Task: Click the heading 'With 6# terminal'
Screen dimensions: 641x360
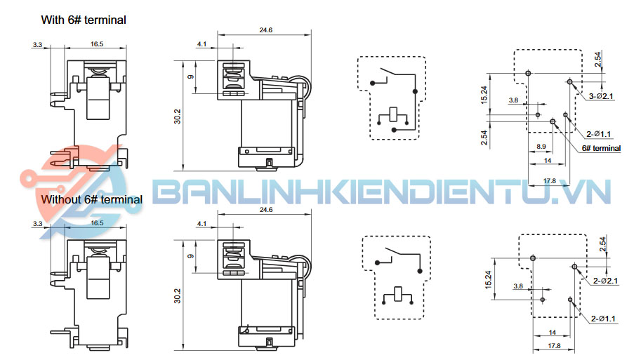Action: click(84, 20)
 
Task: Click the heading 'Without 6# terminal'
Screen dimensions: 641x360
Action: click(91, 199)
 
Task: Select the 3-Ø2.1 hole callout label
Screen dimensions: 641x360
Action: click(601, 96)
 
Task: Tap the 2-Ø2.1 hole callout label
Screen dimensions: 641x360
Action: click(605, 281)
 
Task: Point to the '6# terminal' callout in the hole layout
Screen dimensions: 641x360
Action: click(601, 148)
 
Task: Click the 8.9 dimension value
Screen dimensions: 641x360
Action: click(541, 146)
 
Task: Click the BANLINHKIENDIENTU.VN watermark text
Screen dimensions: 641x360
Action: click(382, 192)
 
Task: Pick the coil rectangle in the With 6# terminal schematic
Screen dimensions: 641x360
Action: click(393, 114)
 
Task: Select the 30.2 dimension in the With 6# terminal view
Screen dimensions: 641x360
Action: click(177, 116)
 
